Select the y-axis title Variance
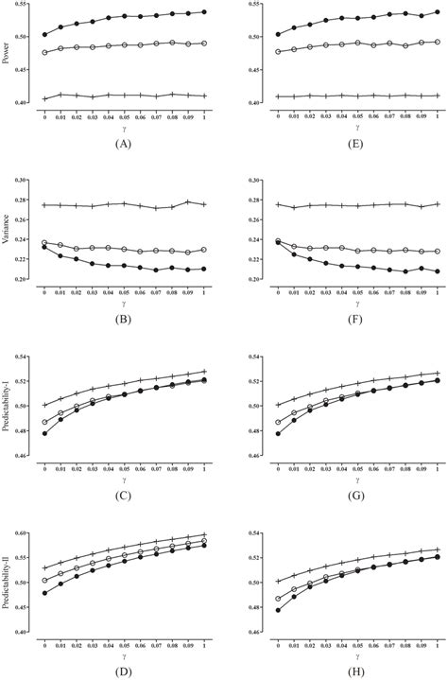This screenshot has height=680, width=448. [8, 230]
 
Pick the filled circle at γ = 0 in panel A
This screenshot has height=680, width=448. [44, 35]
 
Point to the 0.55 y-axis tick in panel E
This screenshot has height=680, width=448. [257, 6]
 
